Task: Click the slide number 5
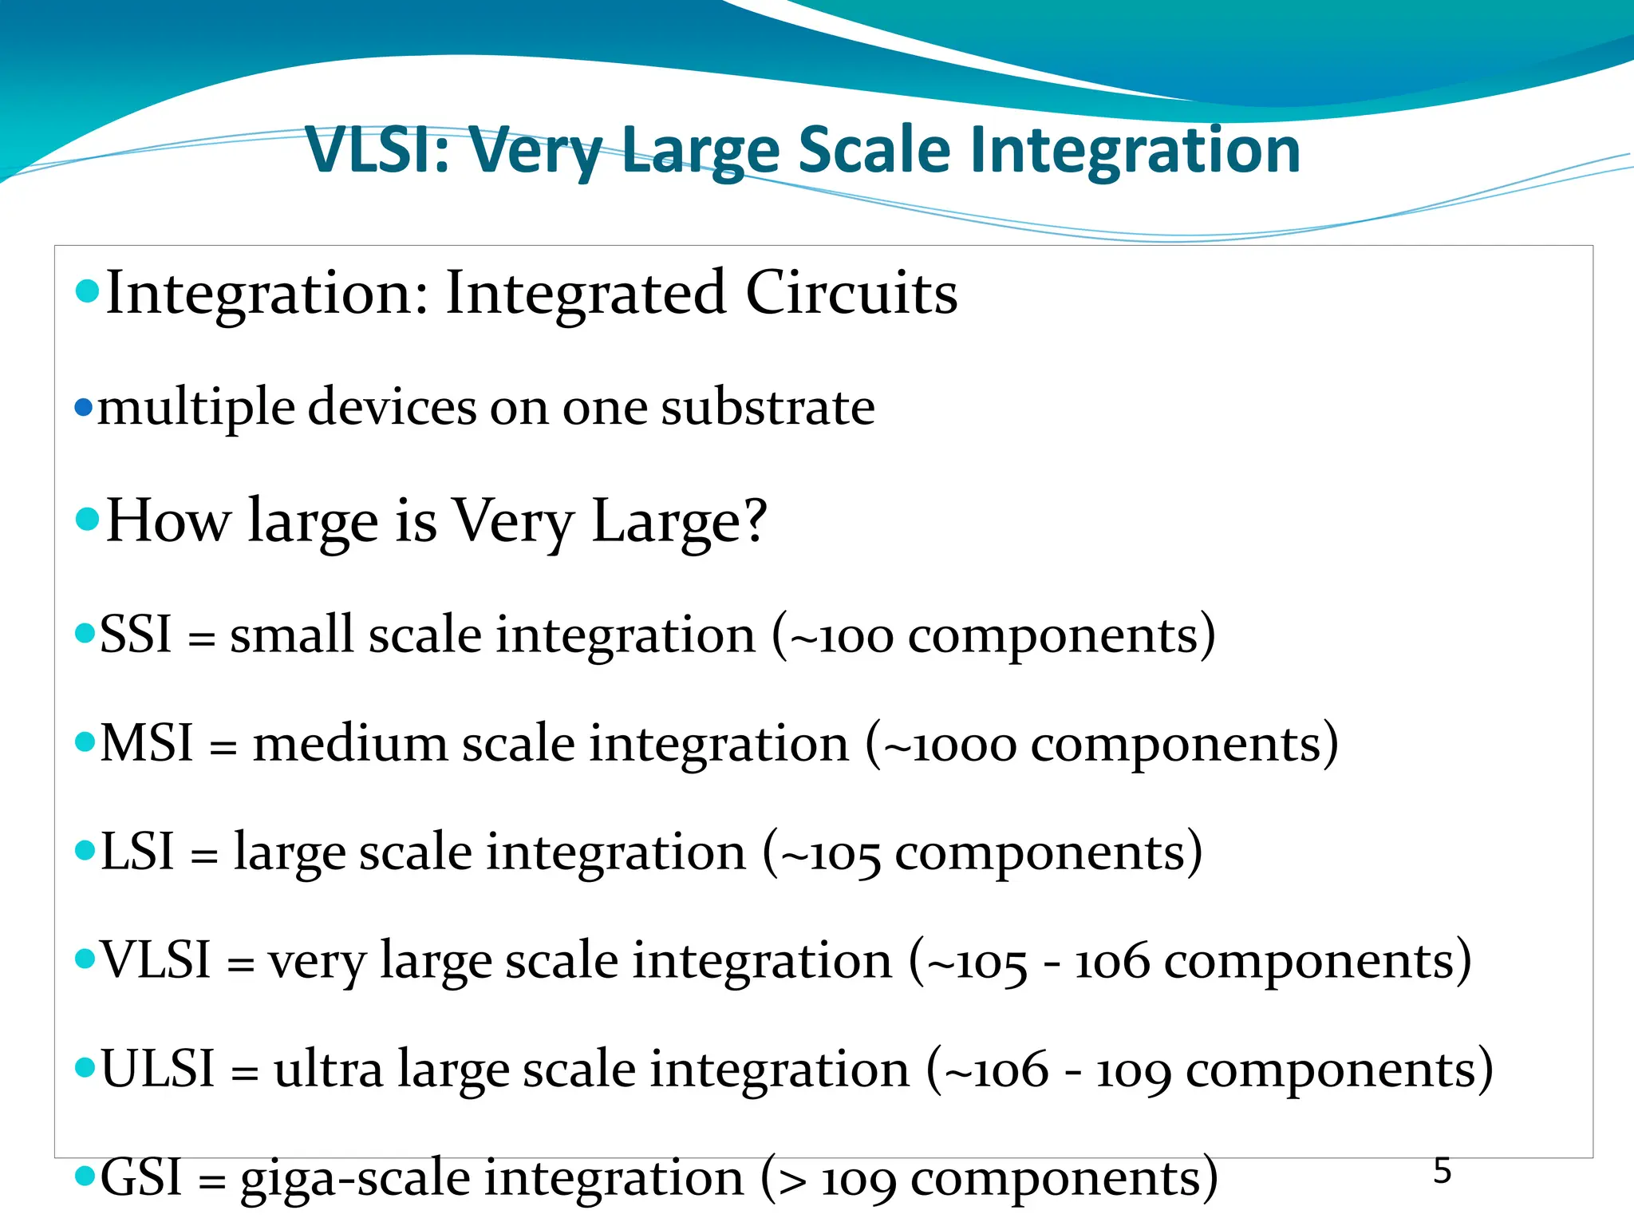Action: [1442, 1171]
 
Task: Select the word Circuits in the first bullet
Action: [851, 293]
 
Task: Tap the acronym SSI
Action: [136, 635]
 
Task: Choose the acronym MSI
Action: [147, 744]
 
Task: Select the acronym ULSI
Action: [158, 1069]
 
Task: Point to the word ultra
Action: [328, 1070]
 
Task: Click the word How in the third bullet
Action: [168, 520]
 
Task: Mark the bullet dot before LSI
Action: [85, 850]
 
